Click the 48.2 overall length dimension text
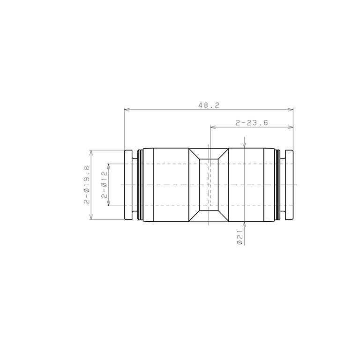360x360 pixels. click(209, 105)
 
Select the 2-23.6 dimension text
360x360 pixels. click(252, 123)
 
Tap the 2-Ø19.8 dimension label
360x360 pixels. click(87, 185)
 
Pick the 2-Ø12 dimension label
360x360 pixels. click(104, 185)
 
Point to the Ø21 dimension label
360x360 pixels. click(240, 238)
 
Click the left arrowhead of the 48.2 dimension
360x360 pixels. click(127, 110)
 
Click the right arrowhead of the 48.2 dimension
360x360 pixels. click(291, 110)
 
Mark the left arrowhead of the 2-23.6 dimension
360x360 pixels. click(213, 127)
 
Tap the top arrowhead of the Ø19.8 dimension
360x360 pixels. click(91, 153)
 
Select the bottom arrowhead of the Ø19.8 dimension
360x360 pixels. click(91, 217)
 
